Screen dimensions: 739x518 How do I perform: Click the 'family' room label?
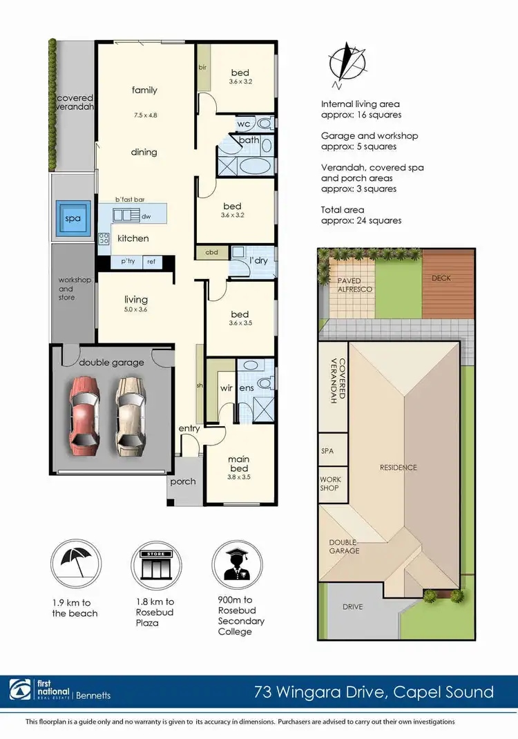[145, 90]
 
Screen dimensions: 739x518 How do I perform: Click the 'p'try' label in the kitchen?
[128, 262]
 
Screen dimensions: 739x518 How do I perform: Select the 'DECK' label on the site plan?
[441, 278]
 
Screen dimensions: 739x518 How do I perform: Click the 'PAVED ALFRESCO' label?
[354, 285]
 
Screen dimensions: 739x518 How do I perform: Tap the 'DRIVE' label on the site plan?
[352, 607]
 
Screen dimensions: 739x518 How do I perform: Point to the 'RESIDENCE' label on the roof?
[399, 468]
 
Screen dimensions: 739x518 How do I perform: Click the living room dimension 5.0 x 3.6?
[136, 309]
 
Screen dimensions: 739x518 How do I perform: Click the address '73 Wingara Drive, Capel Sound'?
[374, 691]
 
